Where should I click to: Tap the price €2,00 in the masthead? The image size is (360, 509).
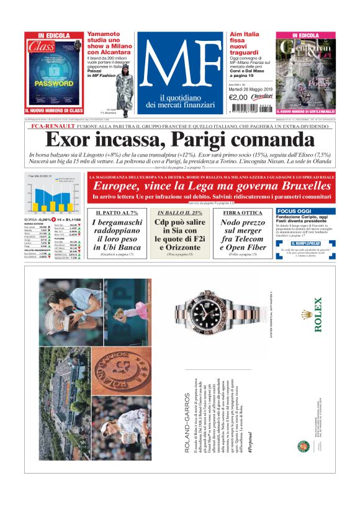(238, 97)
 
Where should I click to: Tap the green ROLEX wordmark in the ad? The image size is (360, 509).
(318, 315)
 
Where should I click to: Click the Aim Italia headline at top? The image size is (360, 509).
(244, 35)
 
